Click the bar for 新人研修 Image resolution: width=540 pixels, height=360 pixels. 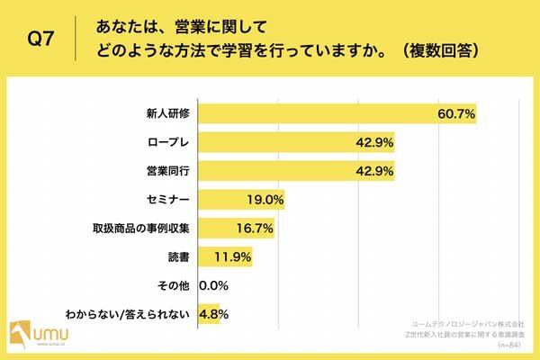(x=337, y=113)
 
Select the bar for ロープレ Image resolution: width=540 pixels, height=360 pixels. (x=297, y=142)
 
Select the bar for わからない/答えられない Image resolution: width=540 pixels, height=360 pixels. (x=209, y=315)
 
